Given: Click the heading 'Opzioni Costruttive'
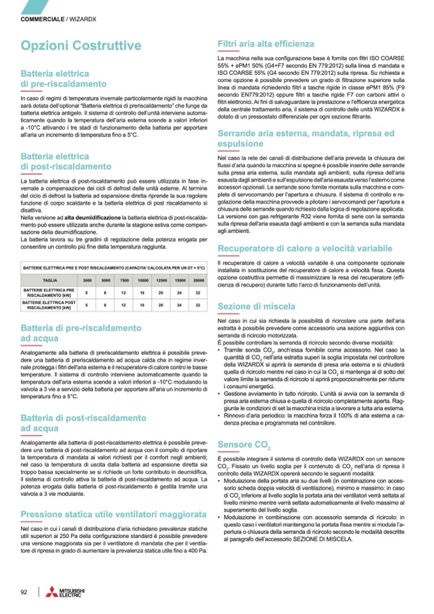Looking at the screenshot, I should (81, 46).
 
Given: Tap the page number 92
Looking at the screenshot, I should (24, 591).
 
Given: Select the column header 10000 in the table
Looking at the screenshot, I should (143, 280).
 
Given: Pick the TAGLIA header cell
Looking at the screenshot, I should (50, 280).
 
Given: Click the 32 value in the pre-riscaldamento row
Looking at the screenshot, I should (198, 293).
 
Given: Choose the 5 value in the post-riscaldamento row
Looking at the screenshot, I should (86, 305).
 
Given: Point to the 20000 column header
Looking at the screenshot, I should (198, 280).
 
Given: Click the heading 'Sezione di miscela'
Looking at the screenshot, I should (256, 307).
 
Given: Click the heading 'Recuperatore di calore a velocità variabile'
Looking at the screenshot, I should (304, 248).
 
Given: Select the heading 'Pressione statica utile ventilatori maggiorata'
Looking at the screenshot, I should (113, 514).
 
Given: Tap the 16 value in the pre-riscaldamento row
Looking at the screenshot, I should (143, 293).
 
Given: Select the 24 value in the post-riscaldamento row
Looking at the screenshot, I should (180, 305).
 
